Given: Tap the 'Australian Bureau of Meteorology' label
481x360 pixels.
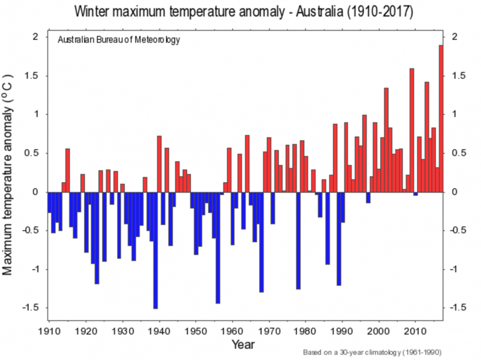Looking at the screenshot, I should [x=119, y=40].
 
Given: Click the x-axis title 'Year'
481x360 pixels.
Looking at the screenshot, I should [x=243, y=344].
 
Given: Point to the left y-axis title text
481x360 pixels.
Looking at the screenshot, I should [x=10, y=174].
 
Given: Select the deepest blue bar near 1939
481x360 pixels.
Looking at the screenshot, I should [x=156, y=250].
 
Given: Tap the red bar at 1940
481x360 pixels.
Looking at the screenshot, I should [x=159, y=164].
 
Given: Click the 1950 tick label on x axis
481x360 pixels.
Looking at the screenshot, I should [x=196, y=332].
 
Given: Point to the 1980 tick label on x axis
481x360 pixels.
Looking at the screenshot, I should [x=305, y=332].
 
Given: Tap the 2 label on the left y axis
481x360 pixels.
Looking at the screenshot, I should [x=35, y=37].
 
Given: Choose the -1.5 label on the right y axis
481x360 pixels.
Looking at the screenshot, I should [x=456, y=308].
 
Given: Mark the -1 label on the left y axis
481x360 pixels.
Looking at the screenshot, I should [x=34, y=269].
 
